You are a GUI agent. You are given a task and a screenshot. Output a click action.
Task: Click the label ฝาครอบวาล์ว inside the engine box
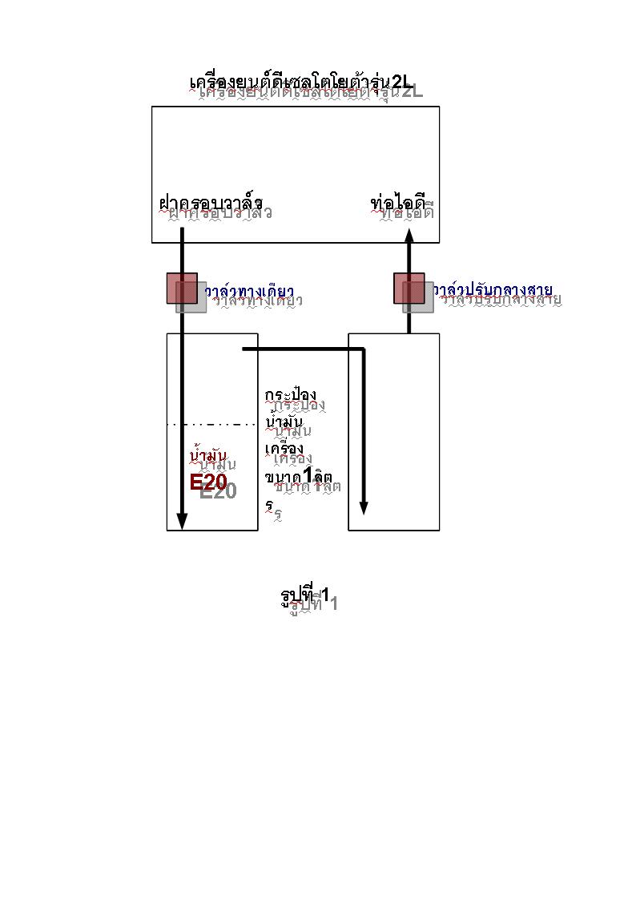point(211,204)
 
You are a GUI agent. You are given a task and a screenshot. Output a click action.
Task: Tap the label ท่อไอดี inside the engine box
point(397,204)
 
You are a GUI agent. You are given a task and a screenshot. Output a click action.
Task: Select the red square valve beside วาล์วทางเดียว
point(182,289)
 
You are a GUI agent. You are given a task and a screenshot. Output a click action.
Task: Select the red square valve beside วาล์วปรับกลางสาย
point(409,289)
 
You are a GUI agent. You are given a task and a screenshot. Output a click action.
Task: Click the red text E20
point(209,482)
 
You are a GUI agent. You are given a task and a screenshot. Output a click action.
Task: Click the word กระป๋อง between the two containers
point(291,396)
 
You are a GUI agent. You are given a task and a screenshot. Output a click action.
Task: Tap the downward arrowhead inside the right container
point(364,507)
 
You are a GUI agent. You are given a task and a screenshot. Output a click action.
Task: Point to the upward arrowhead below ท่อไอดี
point(409,235)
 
